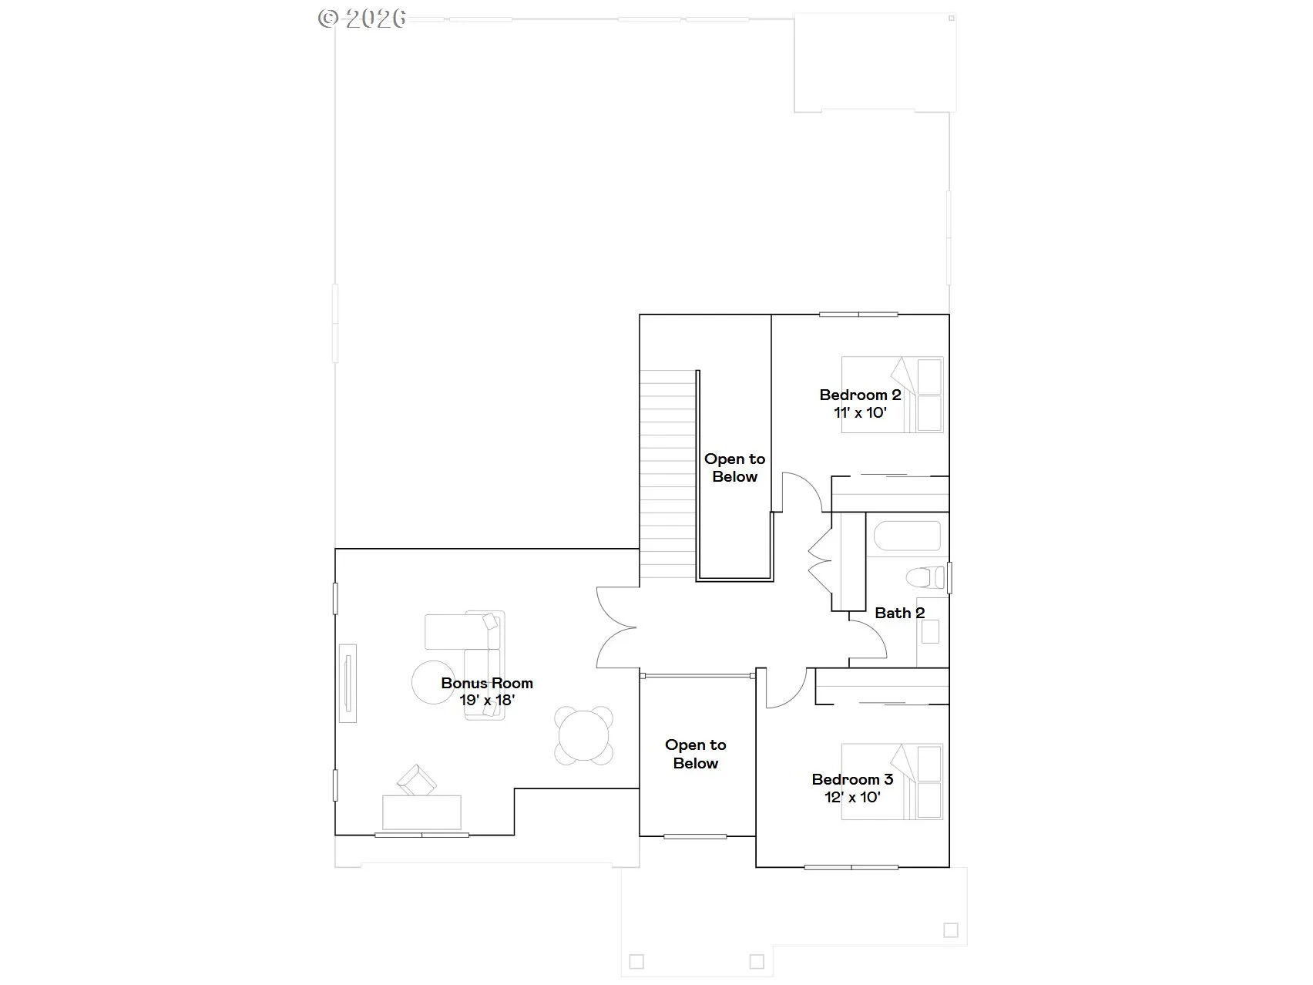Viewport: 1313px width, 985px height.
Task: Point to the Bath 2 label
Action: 900,613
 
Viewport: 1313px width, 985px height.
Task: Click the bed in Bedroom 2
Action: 892,394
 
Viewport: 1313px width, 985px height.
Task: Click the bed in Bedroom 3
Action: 892,782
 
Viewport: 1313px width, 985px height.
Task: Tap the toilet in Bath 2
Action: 925,577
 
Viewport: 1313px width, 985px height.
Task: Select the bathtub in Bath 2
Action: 904,536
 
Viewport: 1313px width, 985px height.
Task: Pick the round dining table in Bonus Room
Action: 584,735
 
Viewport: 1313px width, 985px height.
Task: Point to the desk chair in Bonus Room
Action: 417,780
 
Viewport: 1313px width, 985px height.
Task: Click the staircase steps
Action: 668,474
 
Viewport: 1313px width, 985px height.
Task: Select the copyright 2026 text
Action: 362,18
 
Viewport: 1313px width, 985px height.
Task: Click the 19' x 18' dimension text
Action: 487,701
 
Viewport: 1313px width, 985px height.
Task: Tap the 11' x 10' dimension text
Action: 860,412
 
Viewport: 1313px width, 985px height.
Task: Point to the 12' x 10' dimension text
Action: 852,797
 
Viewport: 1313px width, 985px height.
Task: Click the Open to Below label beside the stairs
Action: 734,468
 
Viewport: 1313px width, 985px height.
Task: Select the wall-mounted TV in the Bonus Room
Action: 348,683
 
